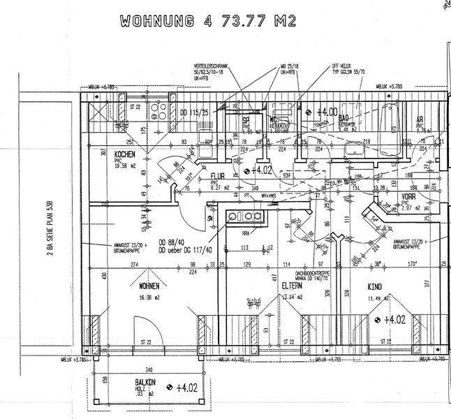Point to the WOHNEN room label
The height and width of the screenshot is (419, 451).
[149, 286]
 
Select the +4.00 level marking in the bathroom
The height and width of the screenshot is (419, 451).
[327, 111]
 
